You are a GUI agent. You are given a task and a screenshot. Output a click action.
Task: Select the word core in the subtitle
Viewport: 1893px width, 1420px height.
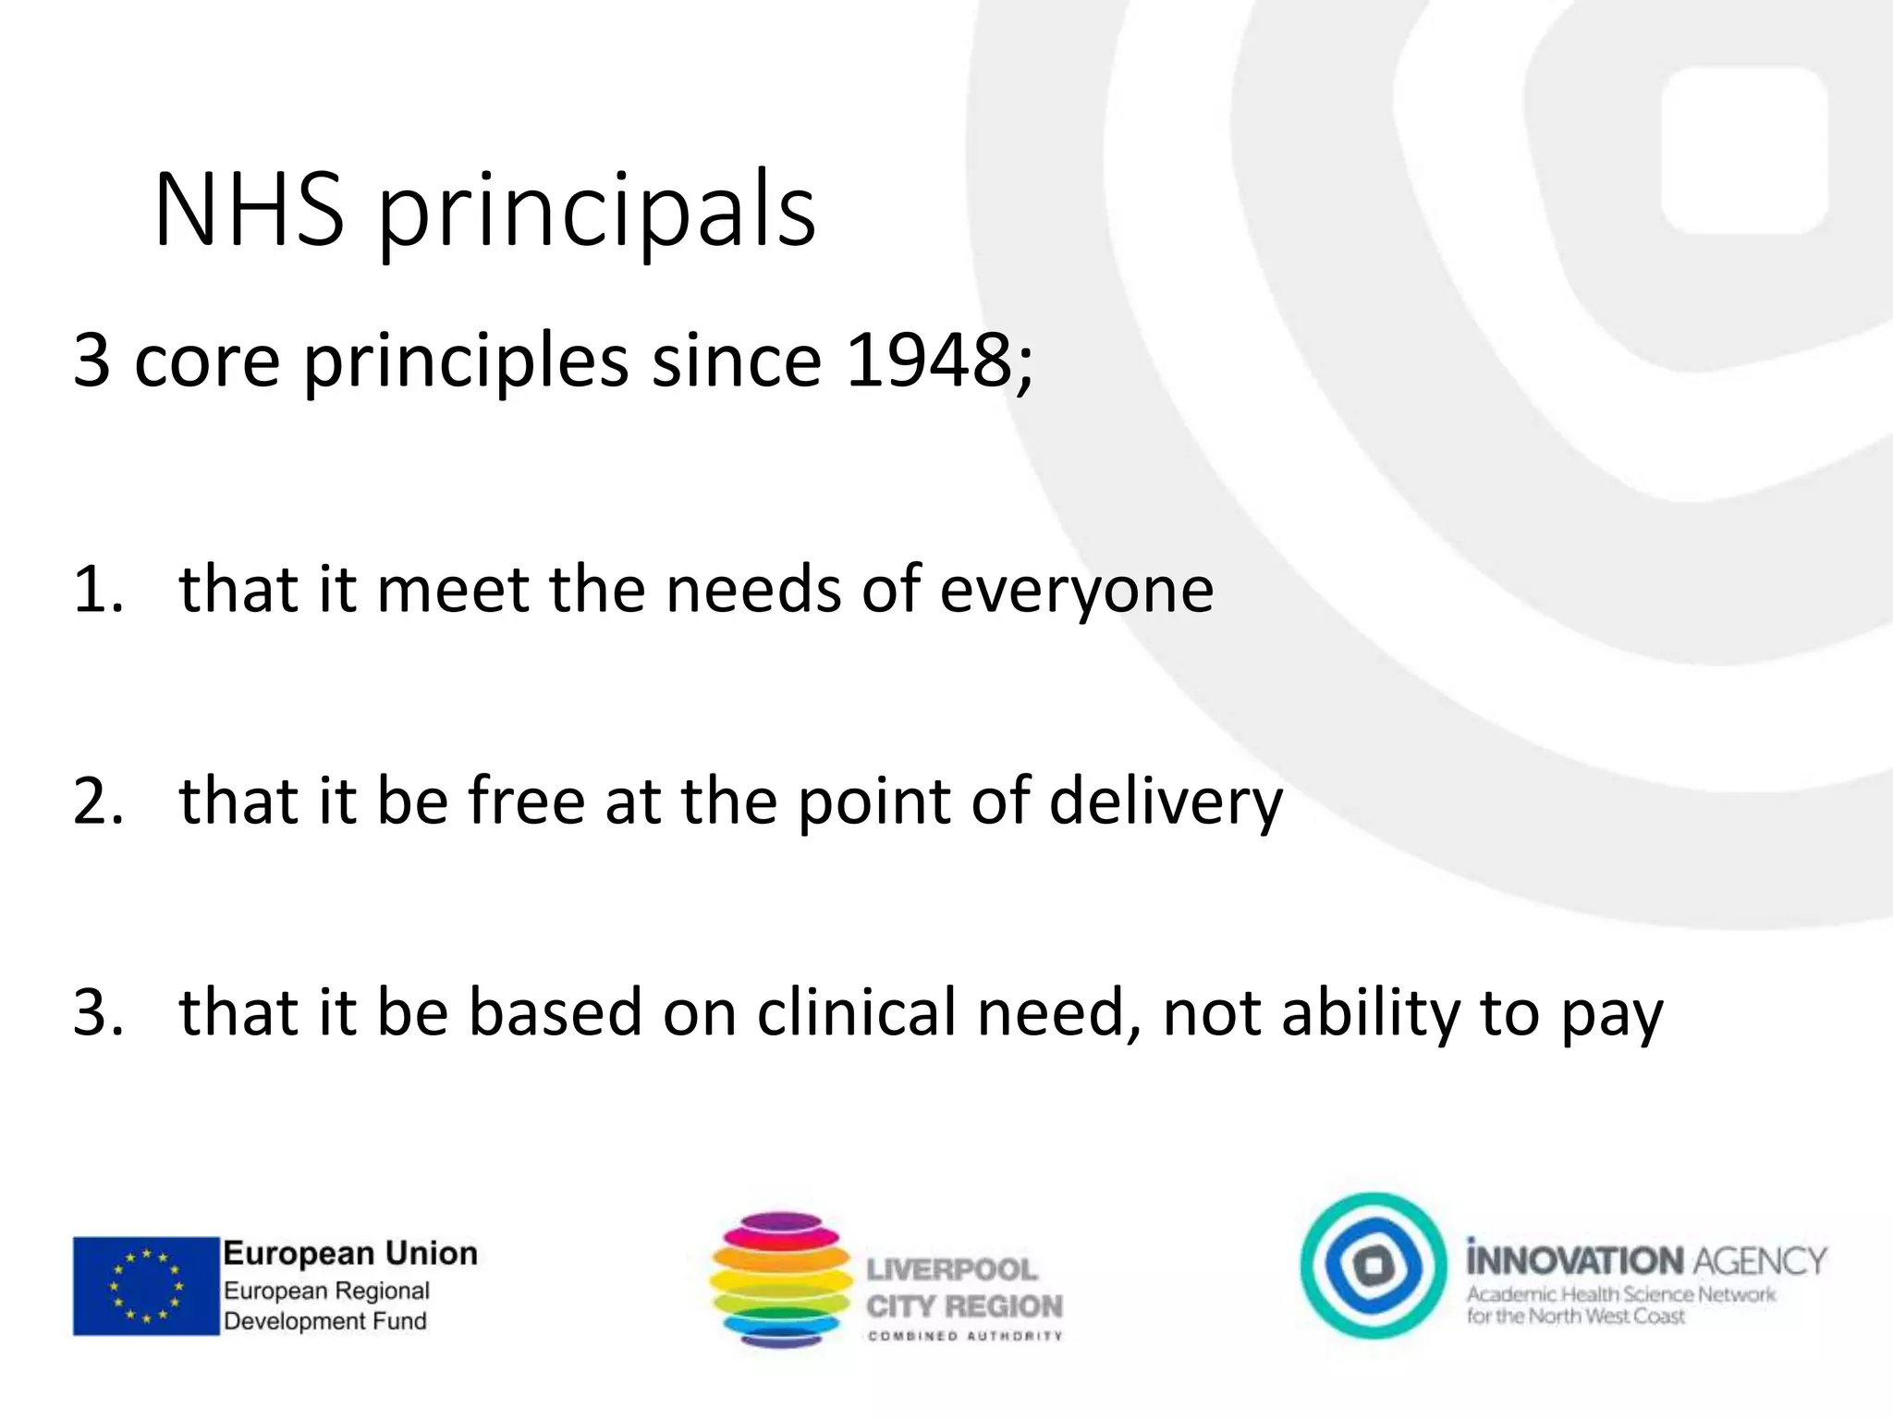click(x=206, y=361)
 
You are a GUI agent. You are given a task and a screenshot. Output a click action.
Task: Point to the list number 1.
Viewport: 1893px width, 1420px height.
click(x=96, y=589)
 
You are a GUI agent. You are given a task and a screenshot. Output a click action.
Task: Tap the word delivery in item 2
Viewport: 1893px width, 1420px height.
click(x=1166, y=802)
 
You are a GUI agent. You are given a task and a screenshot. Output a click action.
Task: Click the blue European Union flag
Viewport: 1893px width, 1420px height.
click(x=146, y=1286)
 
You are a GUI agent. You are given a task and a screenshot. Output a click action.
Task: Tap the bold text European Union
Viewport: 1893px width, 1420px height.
click(x=350, y=1254)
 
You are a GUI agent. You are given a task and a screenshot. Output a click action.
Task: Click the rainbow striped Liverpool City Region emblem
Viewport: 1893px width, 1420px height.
click(x=781, y=1279)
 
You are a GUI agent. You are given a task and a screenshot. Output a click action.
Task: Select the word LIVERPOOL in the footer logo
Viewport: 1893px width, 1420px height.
click(x=951, y=1269)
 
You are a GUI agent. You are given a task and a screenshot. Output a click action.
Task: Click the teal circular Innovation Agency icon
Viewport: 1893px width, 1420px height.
click(x=1374, y=1266)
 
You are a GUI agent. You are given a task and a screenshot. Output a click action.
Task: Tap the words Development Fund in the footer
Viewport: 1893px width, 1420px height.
click(x=325, y=1320)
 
